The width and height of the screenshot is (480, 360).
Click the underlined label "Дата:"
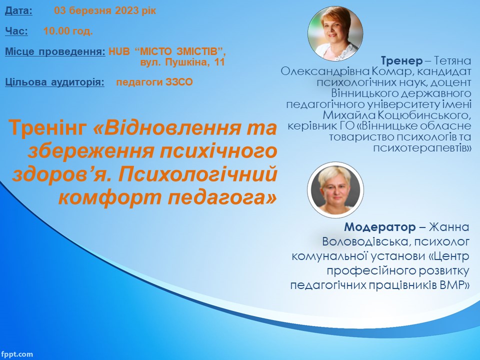point(18,11)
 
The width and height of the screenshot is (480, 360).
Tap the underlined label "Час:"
point(16,31)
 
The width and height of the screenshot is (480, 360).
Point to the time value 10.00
point(56,31)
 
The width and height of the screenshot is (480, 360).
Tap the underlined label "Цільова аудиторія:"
point(55,82)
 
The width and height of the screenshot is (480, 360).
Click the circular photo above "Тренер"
point(335,33)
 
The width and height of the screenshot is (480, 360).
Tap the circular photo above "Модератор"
point(336,190)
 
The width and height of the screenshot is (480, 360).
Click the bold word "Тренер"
point(401,61)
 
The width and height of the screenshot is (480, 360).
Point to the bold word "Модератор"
point(379,227)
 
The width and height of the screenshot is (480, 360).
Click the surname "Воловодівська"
point(364,242)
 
